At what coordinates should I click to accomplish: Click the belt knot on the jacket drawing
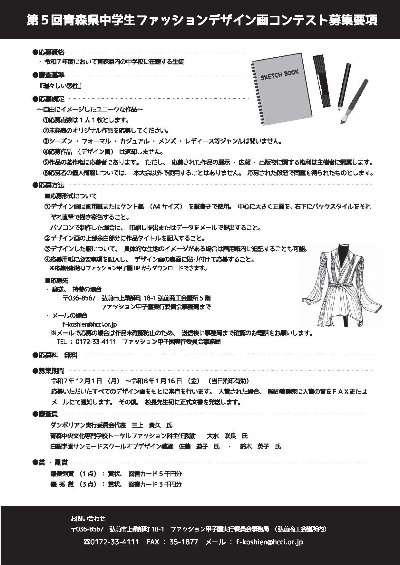click(337, 286)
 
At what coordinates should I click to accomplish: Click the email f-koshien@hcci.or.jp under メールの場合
click(90, 324)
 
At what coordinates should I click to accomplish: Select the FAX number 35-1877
click(185, 542)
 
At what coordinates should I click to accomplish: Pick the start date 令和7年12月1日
click(77, 381)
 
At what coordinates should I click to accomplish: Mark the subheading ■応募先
click(56, 281)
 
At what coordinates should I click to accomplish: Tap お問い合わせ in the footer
click(88, 519)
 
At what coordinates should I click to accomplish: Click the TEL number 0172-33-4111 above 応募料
click(95, 342)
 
